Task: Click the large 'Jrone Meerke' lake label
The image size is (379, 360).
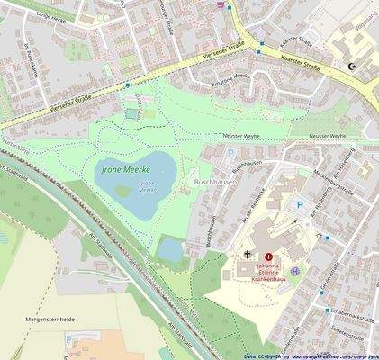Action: click(x=124, y=167)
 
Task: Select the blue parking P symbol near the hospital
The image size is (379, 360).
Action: click(x=300, y=205)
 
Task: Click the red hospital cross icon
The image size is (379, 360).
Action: click(x=267, y=256)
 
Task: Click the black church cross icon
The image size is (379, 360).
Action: click(x=248, y=256)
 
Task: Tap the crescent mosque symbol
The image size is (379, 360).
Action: click(x=352, y=66)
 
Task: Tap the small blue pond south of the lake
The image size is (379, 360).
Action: click(x=171, y=249)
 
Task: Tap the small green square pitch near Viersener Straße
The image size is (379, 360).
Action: click(x=133, y=113)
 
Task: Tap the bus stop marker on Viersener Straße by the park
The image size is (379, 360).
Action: click(x=128, y=84)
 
